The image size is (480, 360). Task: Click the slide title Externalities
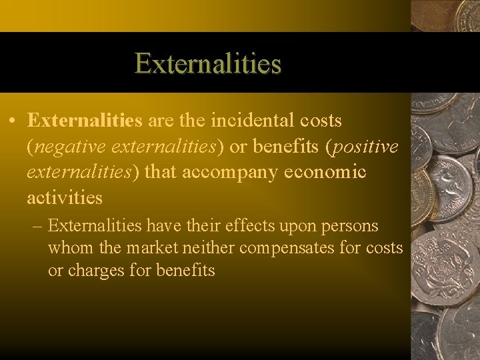208,64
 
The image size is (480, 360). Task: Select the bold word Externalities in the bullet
85,121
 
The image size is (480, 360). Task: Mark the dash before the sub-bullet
37,226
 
